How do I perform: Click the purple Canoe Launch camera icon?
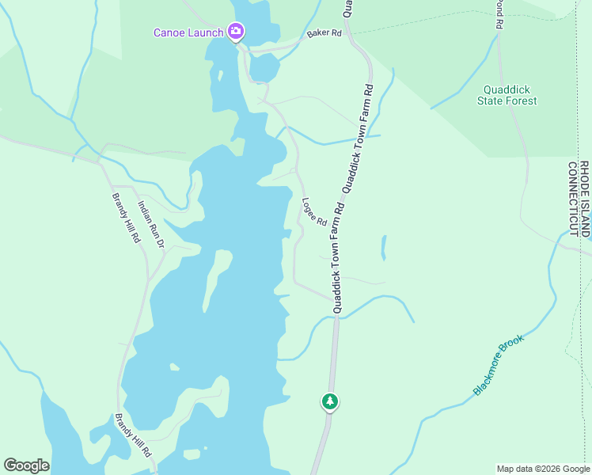point(235,32)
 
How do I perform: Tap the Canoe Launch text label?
point(189,32)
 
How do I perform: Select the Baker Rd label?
point(324,34)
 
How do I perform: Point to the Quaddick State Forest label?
point(507,95)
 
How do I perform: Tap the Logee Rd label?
point(314,212)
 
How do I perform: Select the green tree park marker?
point(330,401)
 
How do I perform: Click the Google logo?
point(26,465)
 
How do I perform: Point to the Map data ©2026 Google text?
point(543,469)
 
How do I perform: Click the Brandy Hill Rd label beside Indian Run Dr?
point(125,218)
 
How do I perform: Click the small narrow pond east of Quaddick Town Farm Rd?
point(384,248)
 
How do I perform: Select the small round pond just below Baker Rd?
point(264,69)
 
